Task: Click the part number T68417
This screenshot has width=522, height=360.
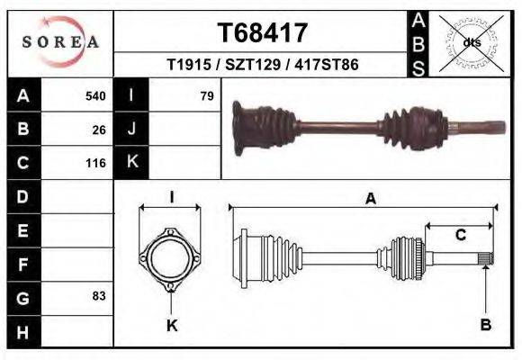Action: (263, 33)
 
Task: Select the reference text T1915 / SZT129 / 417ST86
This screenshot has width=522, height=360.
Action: (263, 66)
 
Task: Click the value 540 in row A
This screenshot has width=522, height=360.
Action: (95, 95)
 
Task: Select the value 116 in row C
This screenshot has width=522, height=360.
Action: (95, 164)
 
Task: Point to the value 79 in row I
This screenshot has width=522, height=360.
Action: (206, 95)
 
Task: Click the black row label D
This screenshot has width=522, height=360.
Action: (23, 196)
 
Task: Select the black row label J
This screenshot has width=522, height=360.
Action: (131, 130)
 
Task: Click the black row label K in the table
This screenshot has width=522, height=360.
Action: (131, 163)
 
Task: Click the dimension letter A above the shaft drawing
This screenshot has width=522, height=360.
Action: (370, 200)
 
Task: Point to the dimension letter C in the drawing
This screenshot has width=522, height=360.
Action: (460, 236)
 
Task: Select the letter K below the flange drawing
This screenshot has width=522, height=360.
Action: (172, 326)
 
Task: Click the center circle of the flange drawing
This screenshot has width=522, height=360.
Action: (171, 259)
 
